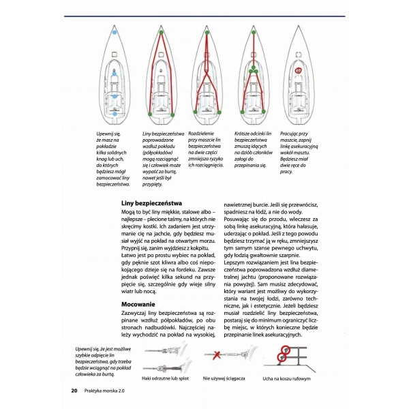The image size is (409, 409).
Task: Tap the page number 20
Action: point(73,391)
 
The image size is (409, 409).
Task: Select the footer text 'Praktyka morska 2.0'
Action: point(110,391)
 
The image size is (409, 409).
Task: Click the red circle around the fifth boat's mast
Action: point(298,70)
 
